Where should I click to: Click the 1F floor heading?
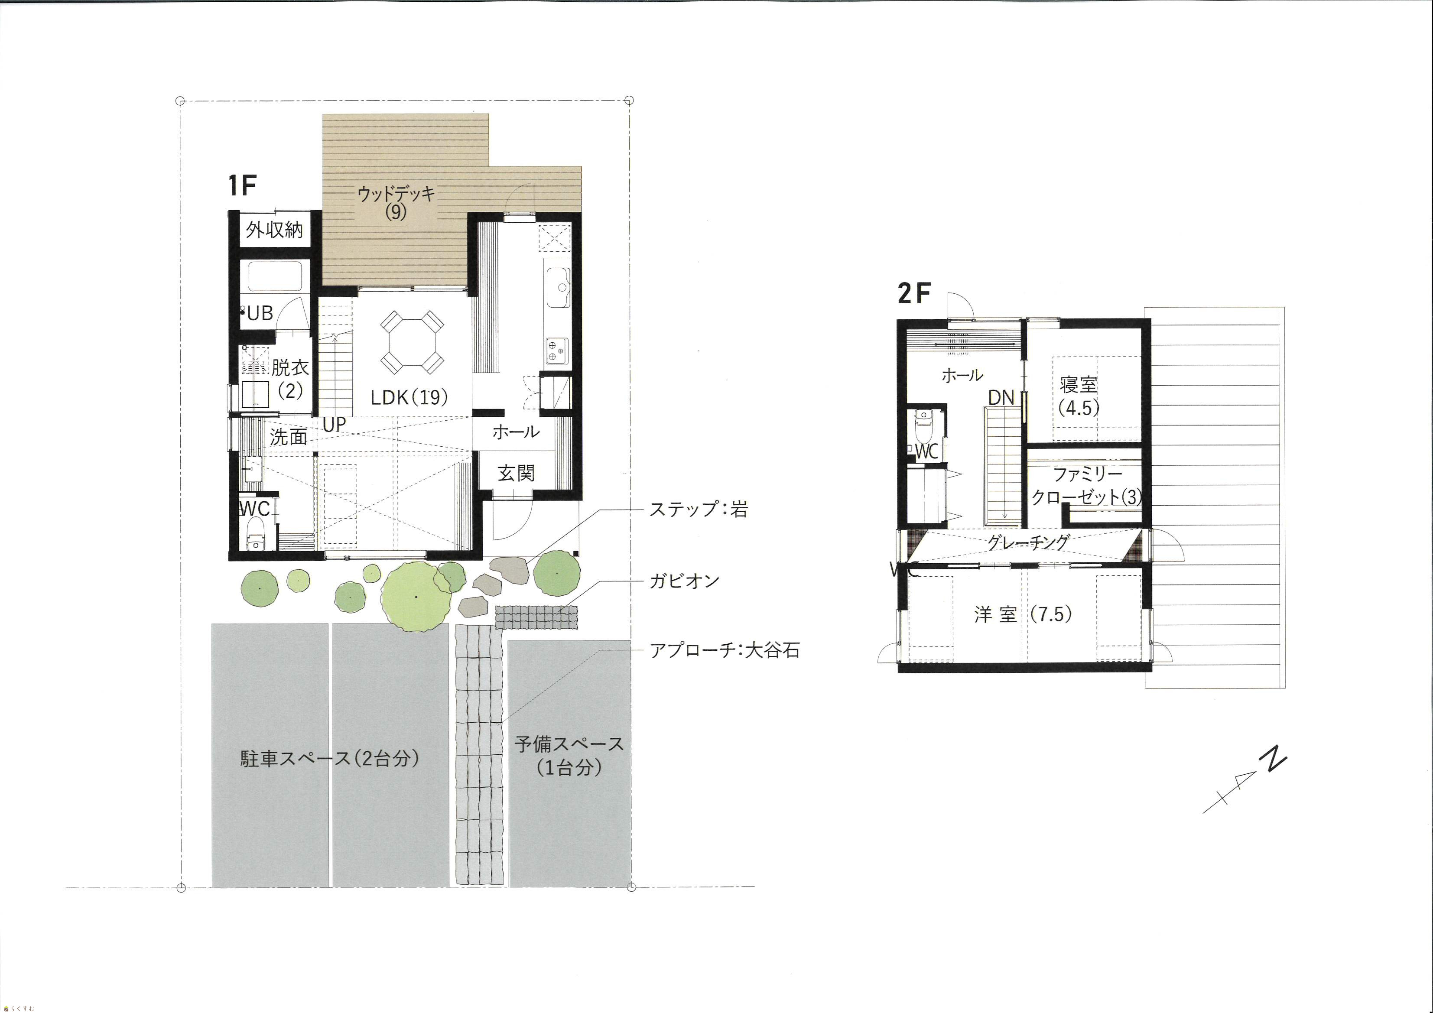coord(243,185)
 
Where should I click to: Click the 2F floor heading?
coord(914,293)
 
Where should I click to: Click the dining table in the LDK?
coord(412,341)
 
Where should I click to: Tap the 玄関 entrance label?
coord(516,473)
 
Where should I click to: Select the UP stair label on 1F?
coord(334,425)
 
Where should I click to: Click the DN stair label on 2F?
coord(1001,398)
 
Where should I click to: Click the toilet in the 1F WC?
coord(255,536)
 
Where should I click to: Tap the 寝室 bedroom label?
coord(1079,384)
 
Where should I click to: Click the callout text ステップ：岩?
coord(699,509)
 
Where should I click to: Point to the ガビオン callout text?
coord(685,581)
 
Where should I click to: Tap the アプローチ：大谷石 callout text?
coord(725,650)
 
